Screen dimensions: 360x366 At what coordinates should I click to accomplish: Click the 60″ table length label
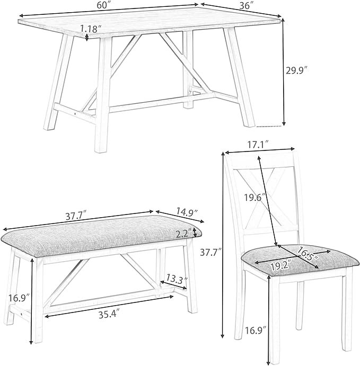coord(104,5)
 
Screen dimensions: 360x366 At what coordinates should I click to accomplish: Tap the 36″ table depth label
coord(247,6)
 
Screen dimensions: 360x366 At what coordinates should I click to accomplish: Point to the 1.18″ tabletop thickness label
coord(91,29)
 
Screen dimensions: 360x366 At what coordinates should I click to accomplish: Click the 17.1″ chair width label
coord(258,145)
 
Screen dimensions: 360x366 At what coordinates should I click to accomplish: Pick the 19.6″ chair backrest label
coord(255,198)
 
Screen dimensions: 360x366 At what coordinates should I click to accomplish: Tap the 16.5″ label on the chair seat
coord(308,253)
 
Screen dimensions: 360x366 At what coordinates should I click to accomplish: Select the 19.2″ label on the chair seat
coord(282,266)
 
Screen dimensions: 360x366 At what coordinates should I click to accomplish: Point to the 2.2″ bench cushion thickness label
coord(184,234)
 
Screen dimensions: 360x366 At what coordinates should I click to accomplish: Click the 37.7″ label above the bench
coord(76,217)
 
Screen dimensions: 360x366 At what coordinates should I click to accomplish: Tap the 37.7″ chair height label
coord(211,252)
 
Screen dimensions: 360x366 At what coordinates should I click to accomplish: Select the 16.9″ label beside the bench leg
coord(19,298)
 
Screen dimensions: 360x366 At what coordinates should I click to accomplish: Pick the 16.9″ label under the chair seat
coord(256,331)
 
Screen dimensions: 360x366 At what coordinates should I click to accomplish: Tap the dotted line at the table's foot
coord(269,126)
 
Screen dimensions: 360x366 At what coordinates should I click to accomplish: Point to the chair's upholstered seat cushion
coord(300,259)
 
